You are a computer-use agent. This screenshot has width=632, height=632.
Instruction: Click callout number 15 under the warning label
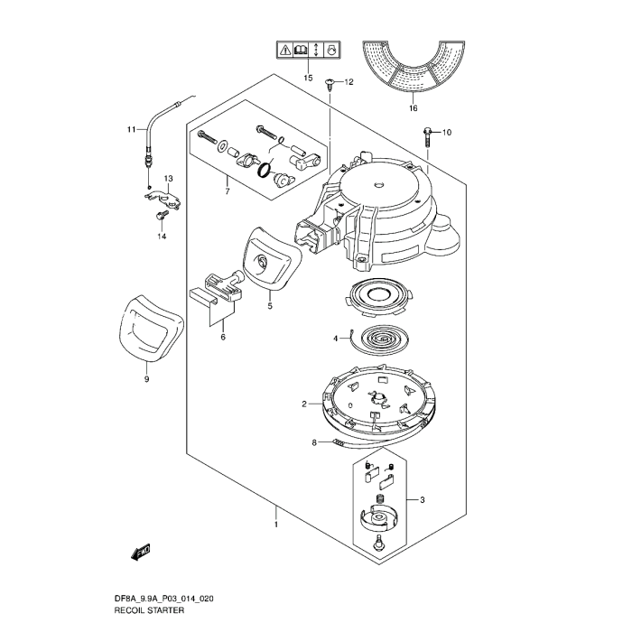click(x=308, y=79)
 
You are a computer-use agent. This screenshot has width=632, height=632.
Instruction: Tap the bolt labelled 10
click(x=426, y=135)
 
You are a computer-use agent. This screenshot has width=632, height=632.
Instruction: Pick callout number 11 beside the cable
click(x=130, y=129)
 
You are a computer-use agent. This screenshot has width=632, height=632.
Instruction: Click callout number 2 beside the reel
click(x=305, y=404)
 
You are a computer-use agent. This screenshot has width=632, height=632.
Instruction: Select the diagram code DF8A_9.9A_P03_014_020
click(x=163, y=599)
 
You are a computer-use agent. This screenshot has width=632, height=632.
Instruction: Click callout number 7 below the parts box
click(x=228, y=191)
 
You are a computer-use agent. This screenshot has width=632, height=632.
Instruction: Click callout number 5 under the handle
click(x=269, y=306)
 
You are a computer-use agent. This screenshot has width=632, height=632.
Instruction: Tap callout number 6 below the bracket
click(x=222, y=337)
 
